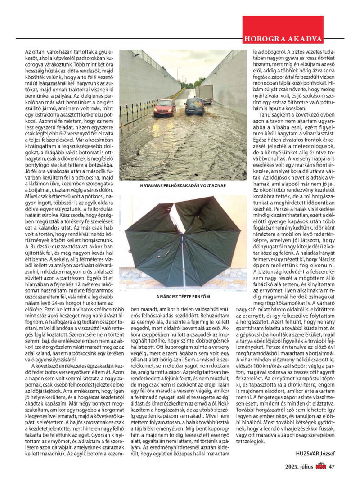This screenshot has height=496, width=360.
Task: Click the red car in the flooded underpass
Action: coord(164,108)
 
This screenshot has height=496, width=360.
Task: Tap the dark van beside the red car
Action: coord(194,106)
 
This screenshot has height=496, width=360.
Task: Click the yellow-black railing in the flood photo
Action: coord(135,111)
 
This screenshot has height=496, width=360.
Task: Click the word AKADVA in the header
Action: coord(309,38)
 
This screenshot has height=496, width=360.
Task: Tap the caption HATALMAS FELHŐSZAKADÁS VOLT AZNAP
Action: coord(183,185)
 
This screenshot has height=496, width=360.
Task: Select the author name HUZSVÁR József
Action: coord(315,453)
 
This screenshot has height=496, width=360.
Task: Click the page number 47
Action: coord(332,466)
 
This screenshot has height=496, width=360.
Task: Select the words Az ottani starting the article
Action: coord(34,52)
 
